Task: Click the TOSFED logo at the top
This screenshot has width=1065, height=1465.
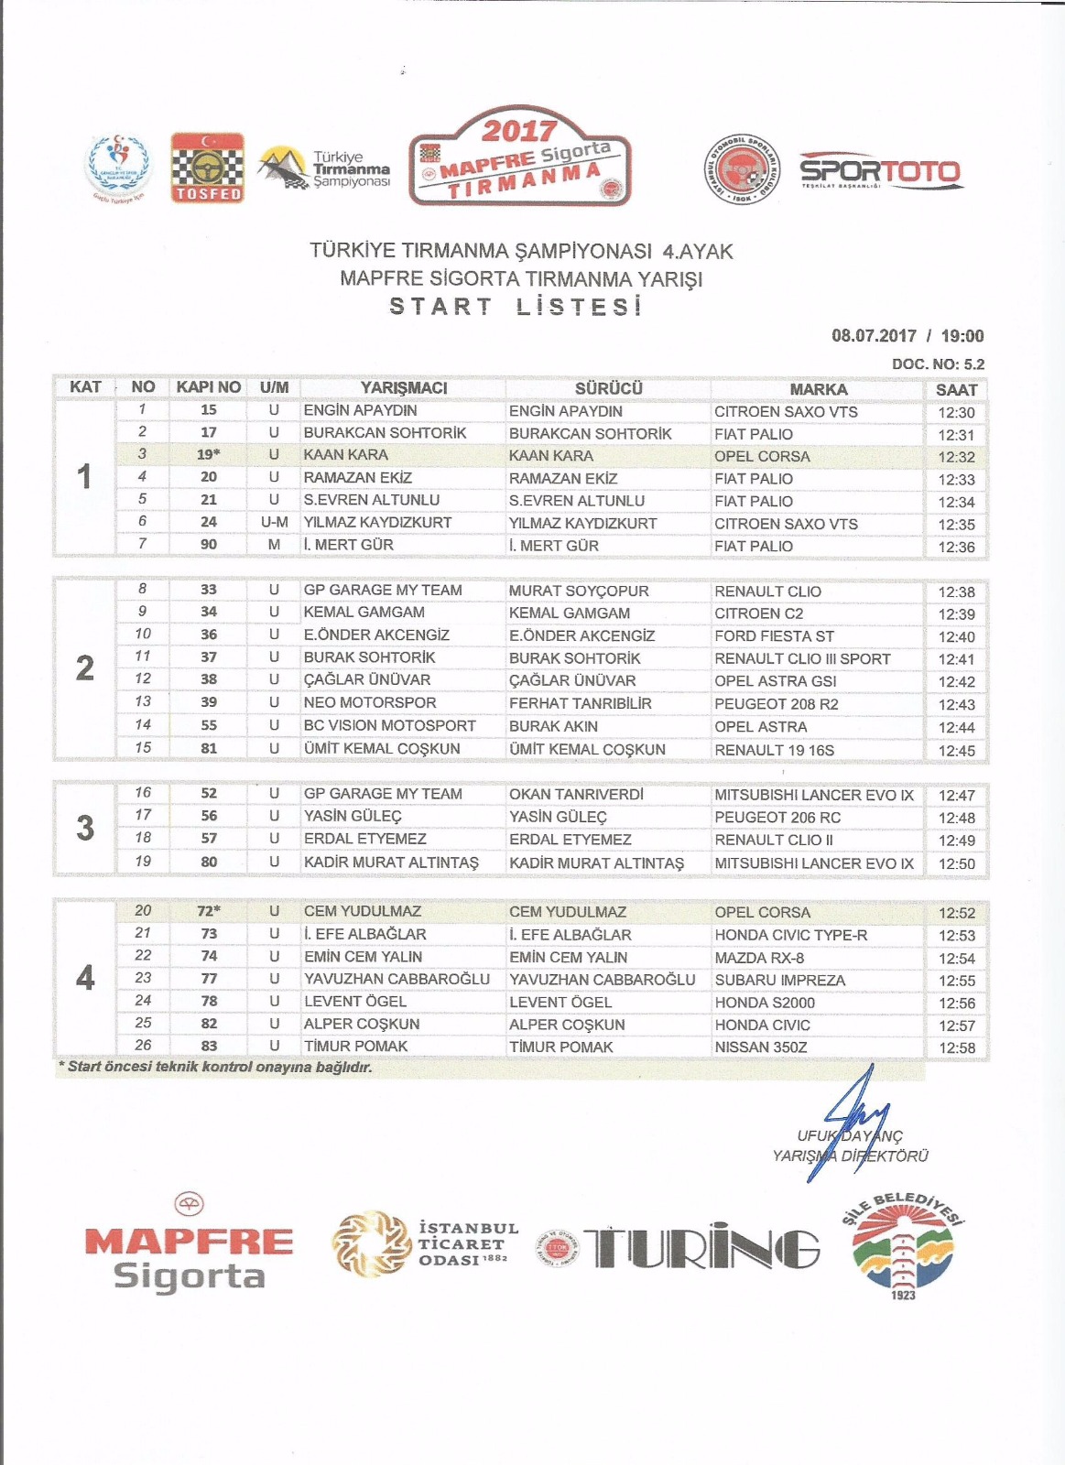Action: [x=208, y=167]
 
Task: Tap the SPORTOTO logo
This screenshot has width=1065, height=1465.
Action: [x=879, y=171]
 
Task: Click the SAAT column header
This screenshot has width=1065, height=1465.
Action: [x=956, y=389]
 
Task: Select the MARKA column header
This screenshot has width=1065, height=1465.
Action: [x=818, y=389]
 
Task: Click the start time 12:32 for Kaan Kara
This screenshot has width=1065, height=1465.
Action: [x=956, y=457]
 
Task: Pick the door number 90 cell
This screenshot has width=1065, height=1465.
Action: [x=209, y=545]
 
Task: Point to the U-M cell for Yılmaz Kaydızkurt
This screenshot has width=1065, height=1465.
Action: [x=274, y=522]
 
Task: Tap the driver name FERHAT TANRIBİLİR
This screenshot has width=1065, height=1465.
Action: [x=580, y=703]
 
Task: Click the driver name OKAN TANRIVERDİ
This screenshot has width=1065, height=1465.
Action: [x=576, y=794]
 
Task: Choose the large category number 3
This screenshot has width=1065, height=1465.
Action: [x=85, y=828]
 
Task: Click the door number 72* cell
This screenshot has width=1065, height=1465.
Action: [x=209, y=911]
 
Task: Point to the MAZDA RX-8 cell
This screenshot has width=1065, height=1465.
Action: [x=759, y=958]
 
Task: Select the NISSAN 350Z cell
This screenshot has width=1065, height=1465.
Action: [x=760, y=1047]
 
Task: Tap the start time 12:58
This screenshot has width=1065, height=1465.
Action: [x=956, y=1047]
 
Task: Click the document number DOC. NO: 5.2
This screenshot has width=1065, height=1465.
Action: [x=938, y=364]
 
